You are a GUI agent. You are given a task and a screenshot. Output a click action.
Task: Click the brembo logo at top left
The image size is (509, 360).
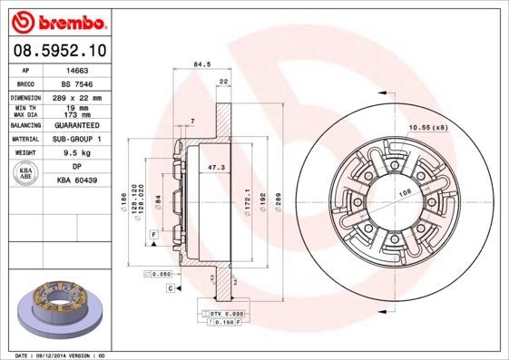coord(59,19)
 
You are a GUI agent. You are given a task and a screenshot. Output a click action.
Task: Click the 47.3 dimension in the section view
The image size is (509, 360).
coord(218,168)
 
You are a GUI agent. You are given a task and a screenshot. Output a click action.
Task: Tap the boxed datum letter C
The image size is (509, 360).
coord(170,287)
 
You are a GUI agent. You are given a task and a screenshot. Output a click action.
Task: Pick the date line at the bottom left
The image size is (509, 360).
coord(62,355)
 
